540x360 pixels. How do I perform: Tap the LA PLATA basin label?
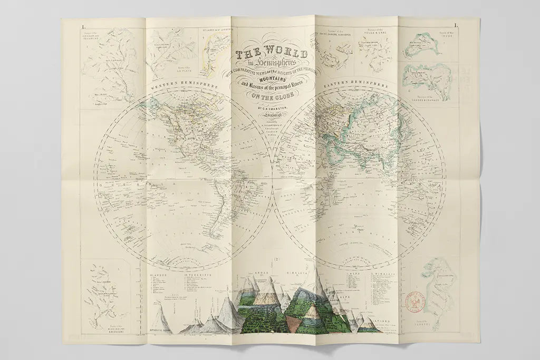pyautogui.click(x=182, y=69)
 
